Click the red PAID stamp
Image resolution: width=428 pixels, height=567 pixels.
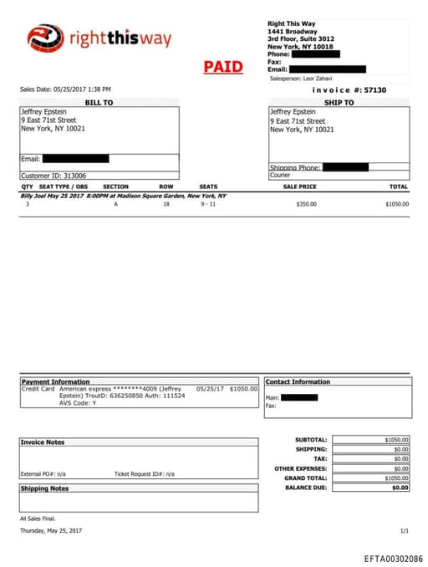(223, 67)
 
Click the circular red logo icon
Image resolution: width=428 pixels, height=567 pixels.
(45, 38)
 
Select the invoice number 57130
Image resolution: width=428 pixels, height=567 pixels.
(374, 89)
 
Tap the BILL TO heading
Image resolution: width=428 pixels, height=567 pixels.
(99, 102)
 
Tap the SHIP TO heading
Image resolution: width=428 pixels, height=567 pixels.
(339, 102)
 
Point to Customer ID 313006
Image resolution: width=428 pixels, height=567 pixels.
(53, 176)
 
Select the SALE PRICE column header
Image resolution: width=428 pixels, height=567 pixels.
(300, 186)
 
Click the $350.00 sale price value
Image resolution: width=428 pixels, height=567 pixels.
(307, 204)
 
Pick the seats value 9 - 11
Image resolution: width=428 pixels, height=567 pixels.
(208, 204)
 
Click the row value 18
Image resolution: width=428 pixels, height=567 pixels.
(166, 204)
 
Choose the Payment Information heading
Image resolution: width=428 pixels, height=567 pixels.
(55, 381)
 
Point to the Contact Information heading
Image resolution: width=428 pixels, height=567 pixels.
(298, 381)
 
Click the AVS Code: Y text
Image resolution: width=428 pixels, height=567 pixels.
(78, 402)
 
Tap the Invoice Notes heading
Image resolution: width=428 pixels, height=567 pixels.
(43, 442)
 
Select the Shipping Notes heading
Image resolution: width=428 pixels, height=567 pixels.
(45, 488)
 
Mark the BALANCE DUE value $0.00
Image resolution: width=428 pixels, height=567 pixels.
(400, 487)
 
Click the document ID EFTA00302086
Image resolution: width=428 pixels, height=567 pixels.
(393, 558)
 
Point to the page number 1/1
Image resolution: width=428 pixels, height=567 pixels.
(405, 530)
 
